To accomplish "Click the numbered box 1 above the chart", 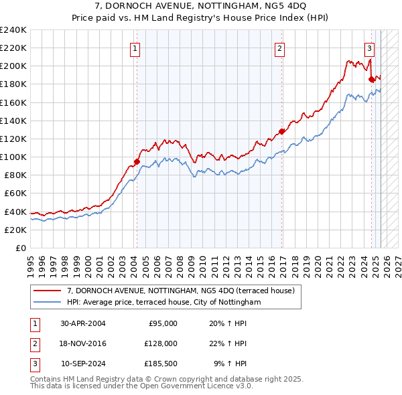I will click(x=136, y=48).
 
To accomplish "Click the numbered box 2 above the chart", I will click(x=279, y=48).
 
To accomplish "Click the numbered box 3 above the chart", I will click(x=369, y=48).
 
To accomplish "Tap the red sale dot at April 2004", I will click(x=137, y=161).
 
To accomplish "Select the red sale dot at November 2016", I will click(x=282, y=131).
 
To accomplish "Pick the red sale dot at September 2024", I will click(x=372, y=79).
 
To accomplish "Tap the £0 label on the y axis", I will click(x=20, y=248).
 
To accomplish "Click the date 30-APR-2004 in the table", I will click(x=83, y=323).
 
